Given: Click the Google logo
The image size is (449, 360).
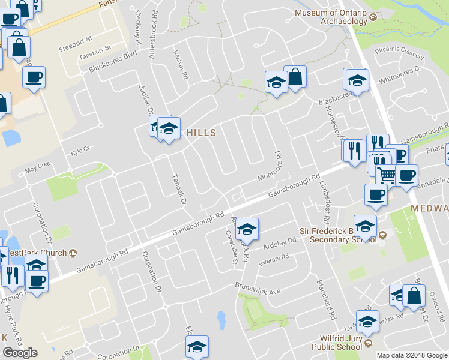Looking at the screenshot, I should pyautogui.click(x=20, y=353).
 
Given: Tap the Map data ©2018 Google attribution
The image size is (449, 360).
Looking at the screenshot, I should pyautogui.click(x=412, y=355).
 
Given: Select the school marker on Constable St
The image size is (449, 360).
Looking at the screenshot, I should pyautogui.click(x=247, y=229).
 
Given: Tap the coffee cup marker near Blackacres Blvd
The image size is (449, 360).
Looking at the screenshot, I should pyautogui.click(x=34, y=77).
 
